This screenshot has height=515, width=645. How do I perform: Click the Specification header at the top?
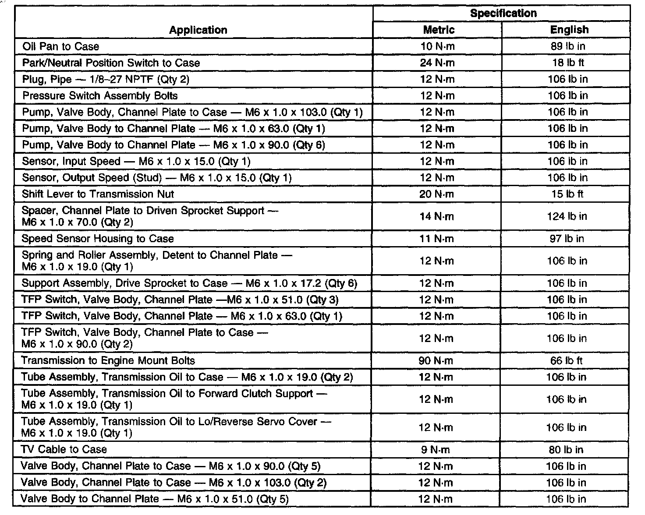point(503,13)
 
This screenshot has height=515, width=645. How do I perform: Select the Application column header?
point(198,30)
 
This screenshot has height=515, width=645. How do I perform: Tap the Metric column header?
point(438,30)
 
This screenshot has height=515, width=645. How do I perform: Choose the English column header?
point(569,30)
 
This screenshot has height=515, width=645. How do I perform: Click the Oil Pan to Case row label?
point(61,46)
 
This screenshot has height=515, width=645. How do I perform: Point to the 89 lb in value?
point(568,46)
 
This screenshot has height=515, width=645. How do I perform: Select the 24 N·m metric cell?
point(437,63)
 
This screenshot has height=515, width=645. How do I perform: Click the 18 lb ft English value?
point(568,63)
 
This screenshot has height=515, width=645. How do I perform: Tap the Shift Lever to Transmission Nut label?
point(98,194)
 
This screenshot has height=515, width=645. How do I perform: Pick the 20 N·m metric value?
point(437,194)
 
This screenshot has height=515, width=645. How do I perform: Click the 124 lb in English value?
point(567,216)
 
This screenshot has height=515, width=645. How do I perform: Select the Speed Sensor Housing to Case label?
point(98,239)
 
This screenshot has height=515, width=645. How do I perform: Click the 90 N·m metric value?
point(436,361)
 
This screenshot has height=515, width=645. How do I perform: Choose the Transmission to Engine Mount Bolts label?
point(108,361)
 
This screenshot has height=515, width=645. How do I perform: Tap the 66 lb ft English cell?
point(567,361)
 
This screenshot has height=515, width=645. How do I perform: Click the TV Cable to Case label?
point(64,449)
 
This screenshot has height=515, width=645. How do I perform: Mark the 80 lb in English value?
point(566,449)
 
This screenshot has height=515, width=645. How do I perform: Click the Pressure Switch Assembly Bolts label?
point(100,95)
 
